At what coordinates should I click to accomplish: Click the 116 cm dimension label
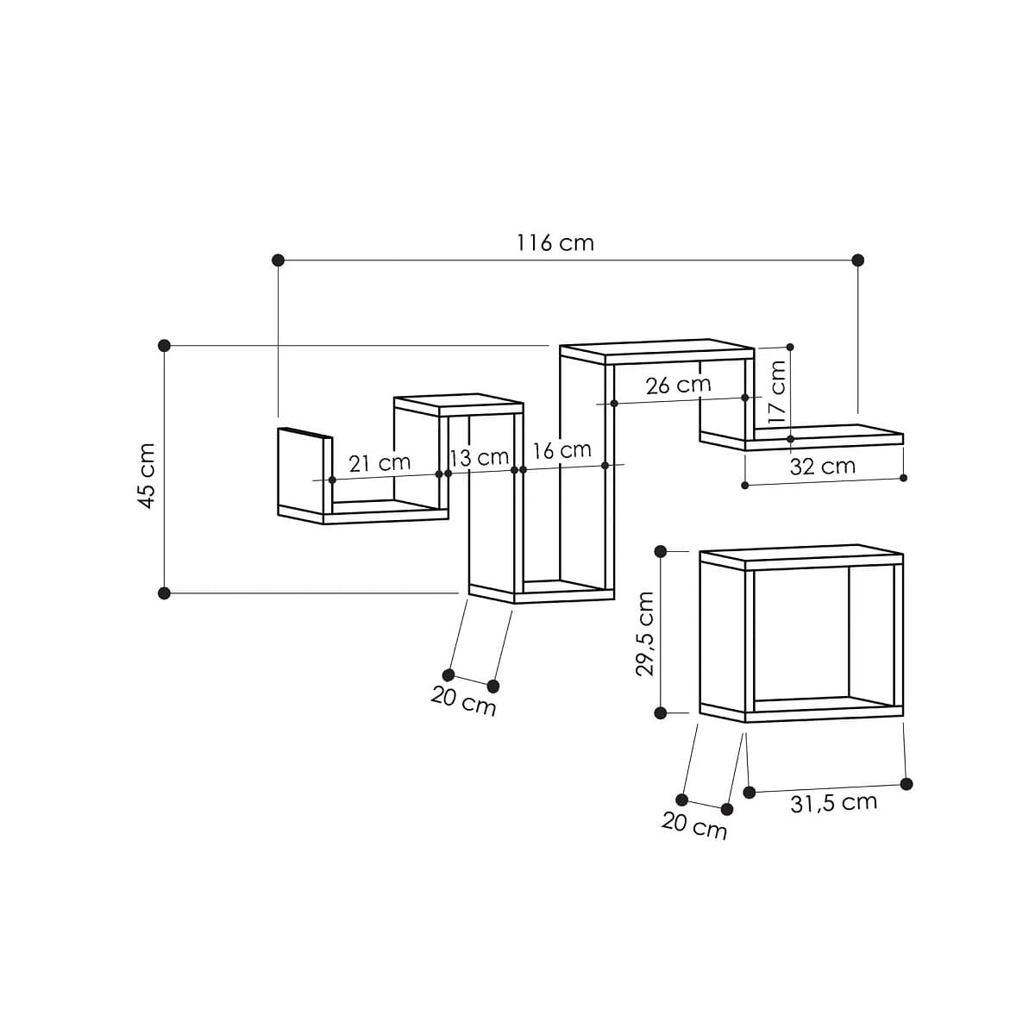coord(555,242)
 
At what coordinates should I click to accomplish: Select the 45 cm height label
coord(147,476)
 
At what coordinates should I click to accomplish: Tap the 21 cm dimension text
coord(379,463)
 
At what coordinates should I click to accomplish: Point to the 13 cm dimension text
coord(480,457)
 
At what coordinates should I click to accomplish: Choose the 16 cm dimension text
coord(562,449)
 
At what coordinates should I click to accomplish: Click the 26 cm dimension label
coord(679,385)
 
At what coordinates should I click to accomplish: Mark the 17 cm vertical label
coord(777,391)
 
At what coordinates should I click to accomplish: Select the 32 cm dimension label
coord(823,467)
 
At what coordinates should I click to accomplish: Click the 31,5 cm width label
coord(833,802)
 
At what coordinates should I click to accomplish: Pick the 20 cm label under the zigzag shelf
coord(464,701)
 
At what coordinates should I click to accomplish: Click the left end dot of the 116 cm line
coord(278,260)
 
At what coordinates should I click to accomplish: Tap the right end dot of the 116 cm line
coord(857,260)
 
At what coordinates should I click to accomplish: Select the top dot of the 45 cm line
coord(165,345)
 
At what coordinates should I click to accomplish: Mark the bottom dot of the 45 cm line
coord(165,593)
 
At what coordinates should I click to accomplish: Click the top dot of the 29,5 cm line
coord(661,551)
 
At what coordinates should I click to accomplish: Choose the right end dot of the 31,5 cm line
coord(906,783)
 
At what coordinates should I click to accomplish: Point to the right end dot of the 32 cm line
coord(903,477)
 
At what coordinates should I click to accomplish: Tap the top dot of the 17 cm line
coord(790,347)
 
